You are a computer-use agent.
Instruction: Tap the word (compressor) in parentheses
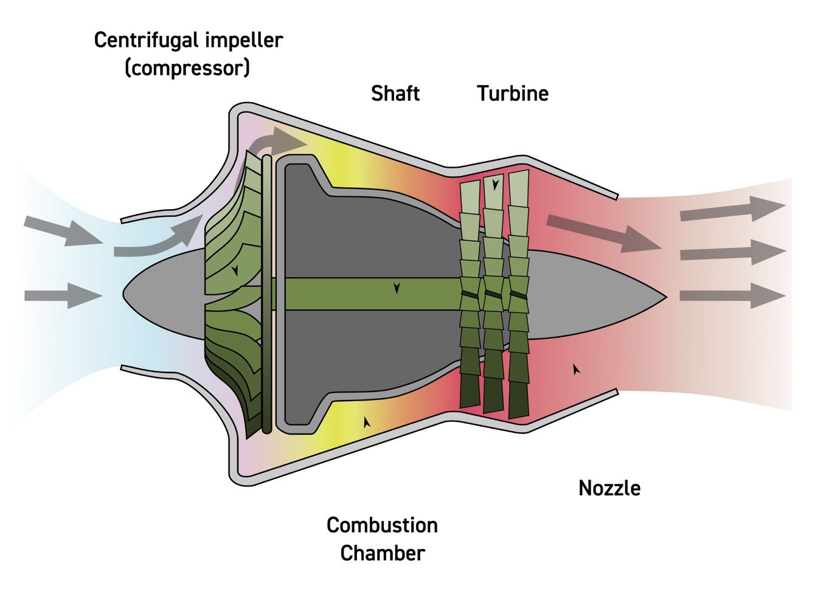(187, 68)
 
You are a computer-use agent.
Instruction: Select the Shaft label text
(395, 94)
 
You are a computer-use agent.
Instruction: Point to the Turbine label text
(512, 94)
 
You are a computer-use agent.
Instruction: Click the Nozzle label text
(609, 488)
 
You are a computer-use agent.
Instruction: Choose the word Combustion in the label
(382, 525)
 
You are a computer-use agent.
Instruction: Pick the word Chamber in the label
(382, 553)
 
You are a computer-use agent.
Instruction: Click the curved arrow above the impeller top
(277, 143)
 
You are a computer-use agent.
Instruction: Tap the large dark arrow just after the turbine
(602, 233)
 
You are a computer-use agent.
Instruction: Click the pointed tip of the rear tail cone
(667, 297)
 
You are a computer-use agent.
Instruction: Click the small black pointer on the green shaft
(397, 288)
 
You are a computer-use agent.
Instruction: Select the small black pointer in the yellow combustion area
(367, 421)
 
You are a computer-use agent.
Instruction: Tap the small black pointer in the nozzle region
(576, 368)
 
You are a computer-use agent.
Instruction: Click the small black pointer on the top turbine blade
(496, 184)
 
